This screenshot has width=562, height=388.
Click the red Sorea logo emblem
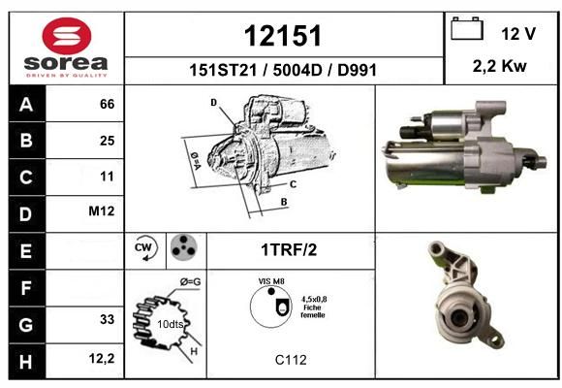(67, 36)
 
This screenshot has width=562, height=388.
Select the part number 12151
(283, 36)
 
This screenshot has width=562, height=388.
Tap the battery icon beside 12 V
(467, 28)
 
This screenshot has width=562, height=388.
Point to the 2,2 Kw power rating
(499, 66)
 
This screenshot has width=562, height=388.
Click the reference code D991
(357, 70)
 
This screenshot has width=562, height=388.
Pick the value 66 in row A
(108, 104)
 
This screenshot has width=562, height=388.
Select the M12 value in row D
(102, 211)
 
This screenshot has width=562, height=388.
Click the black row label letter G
(26, 325)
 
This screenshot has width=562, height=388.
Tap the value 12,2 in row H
(102, 358)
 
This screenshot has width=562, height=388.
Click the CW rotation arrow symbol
(145, 247)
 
